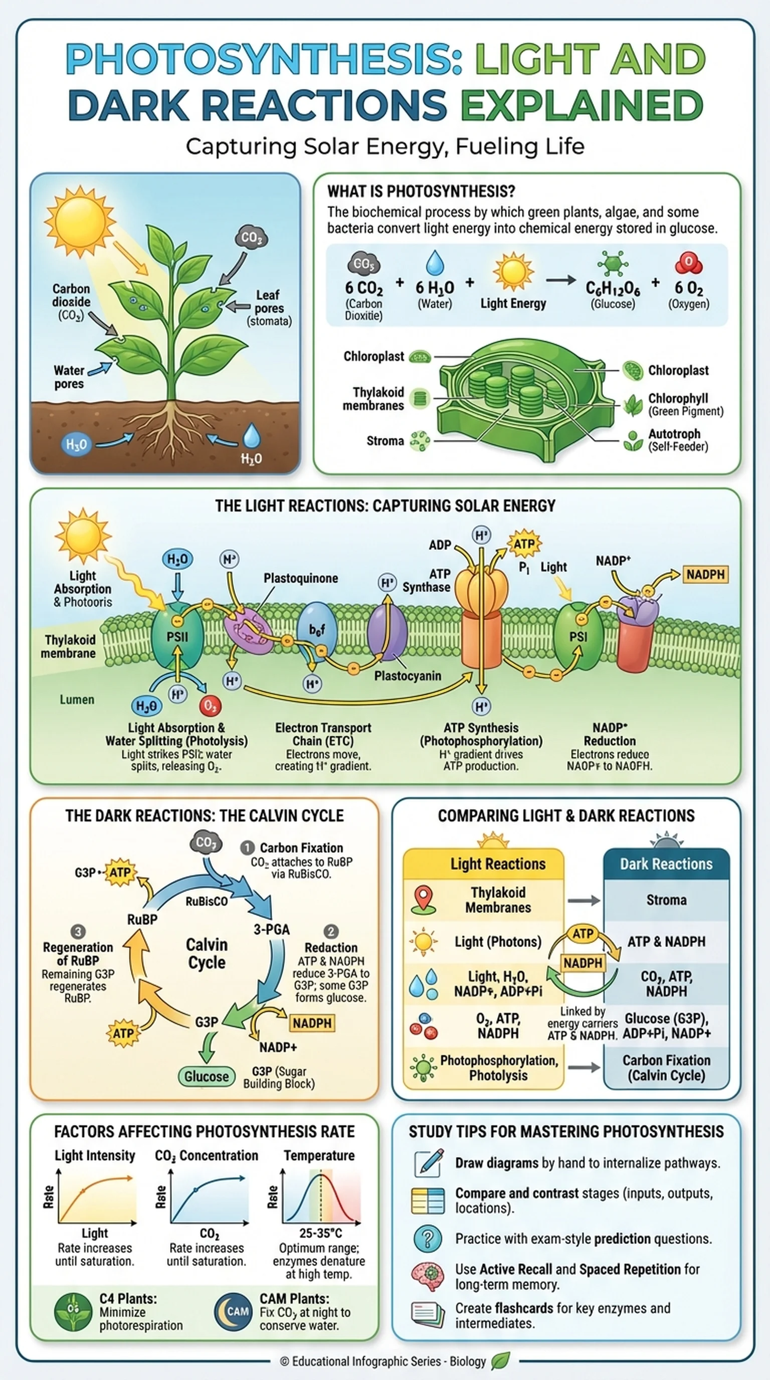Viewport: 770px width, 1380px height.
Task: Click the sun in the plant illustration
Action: (x=80, y=221)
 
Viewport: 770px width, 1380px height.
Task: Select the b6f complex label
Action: (x=317, y=630)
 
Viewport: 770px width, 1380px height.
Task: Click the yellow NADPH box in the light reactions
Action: (x=705, y=574)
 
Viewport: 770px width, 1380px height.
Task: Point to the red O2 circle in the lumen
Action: (x=210, y=706)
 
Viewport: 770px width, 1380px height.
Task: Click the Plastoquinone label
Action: (x=300, y=578)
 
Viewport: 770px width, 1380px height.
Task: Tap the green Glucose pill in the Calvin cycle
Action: (x=206, y=1076)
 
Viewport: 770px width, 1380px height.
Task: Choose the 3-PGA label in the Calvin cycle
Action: (x=272, y=929)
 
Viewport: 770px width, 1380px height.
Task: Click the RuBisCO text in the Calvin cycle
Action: (x=207, y=901)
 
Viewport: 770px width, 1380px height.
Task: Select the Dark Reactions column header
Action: (x=666, y=864)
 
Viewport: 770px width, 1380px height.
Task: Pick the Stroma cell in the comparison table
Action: (x=666, y=900)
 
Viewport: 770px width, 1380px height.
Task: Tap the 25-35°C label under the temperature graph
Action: (x=320, y=1233)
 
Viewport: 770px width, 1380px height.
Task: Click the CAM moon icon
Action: (x=233, y=1312)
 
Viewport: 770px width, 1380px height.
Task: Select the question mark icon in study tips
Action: (x=428, y=1239)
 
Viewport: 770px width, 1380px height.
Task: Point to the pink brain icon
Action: (x=428, y=1276)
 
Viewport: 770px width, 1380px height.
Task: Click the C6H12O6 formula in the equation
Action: (x=613, y=289)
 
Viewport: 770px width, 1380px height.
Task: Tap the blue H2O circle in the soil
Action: (x=76, y=444)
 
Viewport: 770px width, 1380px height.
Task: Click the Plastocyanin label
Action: (x=408, y=675)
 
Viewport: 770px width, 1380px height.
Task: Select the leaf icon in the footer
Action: (x=501, y=1361)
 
